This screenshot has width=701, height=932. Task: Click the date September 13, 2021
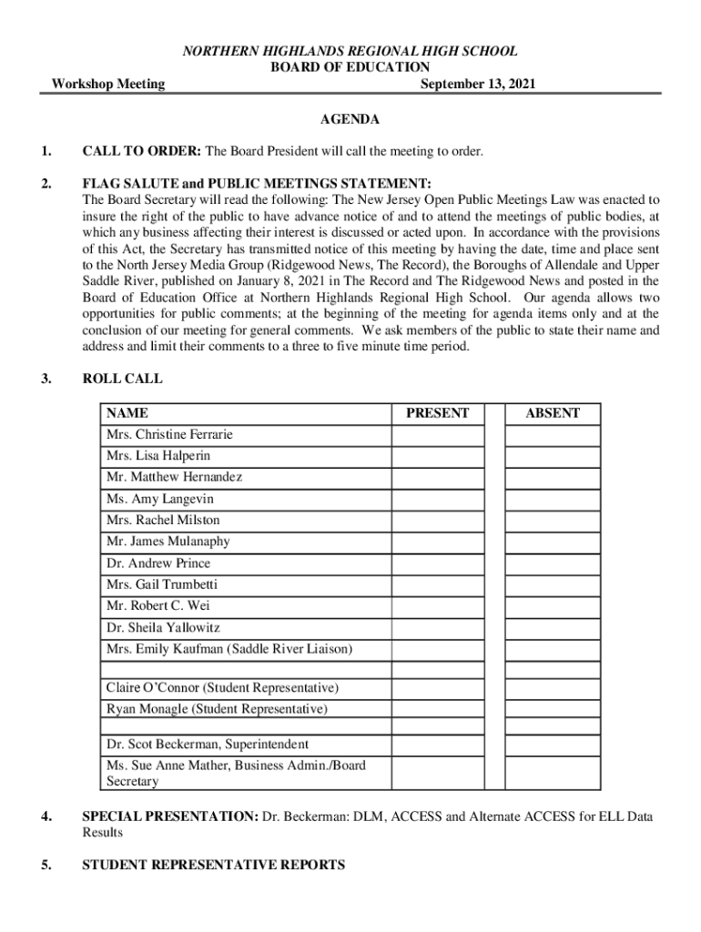(478, 85)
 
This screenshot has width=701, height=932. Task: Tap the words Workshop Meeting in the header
(108, 85)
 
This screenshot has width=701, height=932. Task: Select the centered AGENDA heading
(350, 119)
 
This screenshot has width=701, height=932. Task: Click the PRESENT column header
(438, 413)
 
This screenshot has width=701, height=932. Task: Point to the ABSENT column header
(553, 413)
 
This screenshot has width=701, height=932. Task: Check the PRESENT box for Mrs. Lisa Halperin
(438, 456)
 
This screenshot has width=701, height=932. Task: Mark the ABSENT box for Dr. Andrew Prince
(553, 563)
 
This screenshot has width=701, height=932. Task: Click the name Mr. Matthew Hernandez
(174, 477)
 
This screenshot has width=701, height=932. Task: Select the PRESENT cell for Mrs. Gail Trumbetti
(438, 584)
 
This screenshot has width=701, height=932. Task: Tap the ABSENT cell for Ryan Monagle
(553, 709)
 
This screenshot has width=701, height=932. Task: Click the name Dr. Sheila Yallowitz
(163, 628)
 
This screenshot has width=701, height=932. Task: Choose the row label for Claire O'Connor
(222, 687)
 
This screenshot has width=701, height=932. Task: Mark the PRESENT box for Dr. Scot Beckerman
(438, 745)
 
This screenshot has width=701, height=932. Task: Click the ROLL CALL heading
(123, 379)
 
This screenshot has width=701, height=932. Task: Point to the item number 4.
(46, 816)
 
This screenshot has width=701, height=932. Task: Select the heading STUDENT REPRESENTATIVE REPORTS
(214, 865)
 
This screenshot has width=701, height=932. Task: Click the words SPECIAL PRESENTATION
(169, 816)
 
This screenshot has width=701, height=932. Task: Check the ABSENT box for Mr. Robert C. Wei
(553, 606)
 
